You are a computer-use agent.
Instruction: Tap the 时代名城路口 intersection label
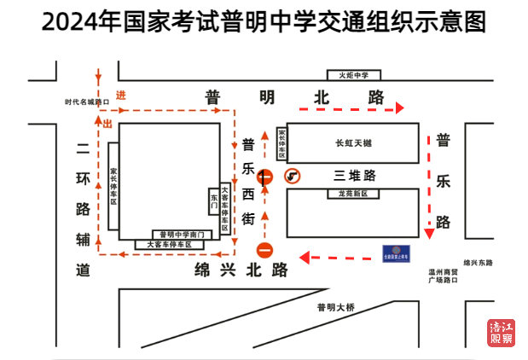[x=88, y=102]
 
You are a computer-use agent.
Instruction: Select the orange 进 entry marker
[x=121, y=96]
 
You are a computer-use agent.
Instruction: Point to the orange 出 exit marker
[x=107, y=125]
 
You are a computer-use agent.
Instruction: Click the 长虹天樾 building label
[x=353, y=142]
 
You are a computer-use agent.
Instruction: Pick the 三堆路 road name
[x=354, y=177]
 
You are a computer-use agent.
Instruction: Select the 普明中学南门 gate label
[x=181, y=234]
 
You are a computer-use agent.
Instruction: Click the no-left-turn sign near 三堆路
[x=293, y=176]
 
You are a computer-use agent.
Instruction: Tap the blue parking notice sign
[x=395, y=254]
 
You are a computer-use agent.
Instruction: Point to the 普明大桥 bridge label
[x=335, y=307]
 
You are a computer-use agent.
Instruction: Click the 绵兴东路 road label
[x=479, y=263]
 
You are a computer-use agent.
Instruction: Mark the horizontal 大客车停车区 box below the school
[x=170, y=245]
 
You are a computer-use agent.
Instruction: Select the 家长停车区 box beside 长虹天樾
[x=282, y=144]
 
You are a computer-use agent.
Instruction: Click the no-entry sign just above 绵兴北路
[x=264, y=251]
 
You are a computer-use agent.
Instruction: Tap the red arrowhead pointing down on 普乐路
[x=429, y=233]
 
